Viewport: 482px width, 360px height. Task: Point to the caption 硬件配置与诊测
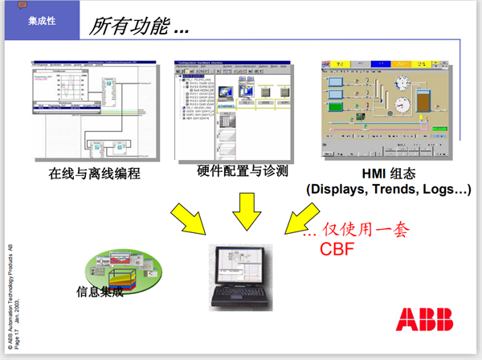pos(242,171)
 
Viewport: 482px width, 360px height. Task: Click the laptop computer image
pos(241,277)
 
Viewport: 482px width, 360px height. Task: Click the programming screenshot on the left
pos(92,108)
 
